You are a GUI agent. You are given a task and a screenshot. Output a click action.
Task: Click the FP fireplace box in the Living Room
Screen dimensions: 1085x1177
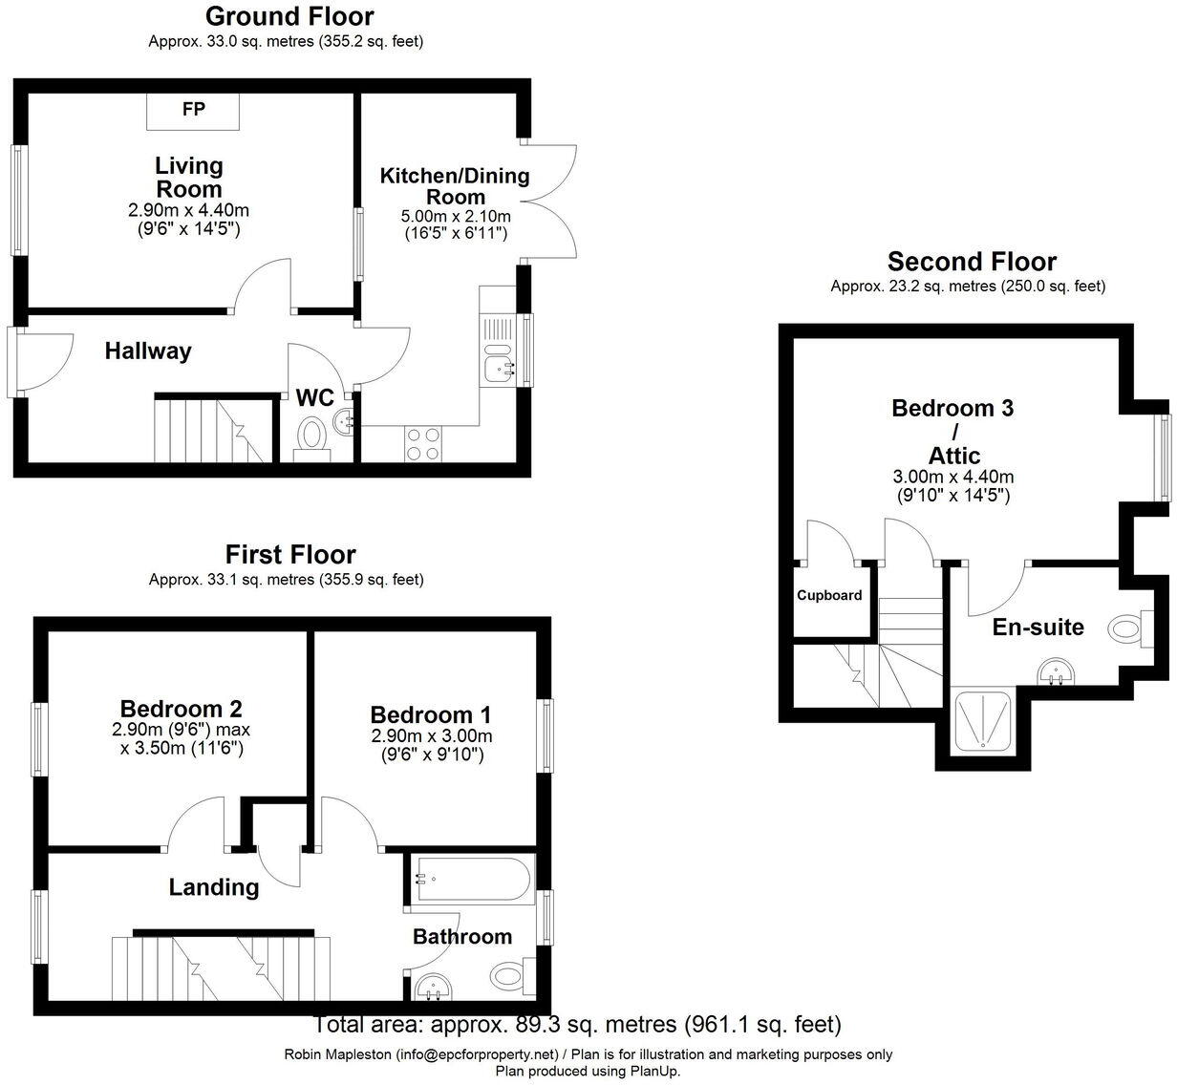pos(193,110)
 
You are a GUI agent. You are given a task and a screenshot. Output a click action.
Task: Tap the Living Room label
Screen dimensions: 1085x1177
pos(189,177)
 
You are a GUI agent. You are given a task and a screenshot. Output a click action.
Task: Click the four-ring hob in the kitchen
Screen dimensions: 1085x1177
pos(424,443)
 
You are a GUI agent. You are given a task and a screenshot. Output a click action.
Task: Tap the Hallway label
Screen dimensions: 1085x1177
pos(148,351)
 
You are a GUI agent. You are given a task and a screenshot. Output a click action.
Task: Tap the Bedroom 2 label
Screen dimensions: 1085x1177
pos(181,708)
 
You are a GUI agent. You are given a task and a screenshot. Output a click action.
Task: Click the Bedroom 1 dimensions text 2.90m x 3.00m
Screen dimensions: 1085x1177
pos(432,735)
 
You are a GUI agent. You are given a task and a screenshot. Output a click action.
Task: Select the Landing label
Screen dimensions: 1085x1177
pos(214,887)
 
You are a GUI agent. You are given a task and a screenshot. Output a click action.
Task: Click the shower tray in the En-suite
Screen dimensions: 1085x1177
pos(980,722)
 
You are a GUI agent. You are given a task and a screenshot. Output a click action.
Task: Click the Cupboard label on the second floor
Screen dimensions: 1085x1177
pos(829,595)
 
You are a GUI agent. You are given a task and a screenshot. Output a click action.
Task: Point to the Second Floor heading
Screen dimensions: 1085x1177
pos(972,262)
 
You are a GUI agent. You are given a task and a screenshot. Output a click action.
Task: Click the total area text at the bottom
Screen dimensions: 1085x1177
pos(578,1025)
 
